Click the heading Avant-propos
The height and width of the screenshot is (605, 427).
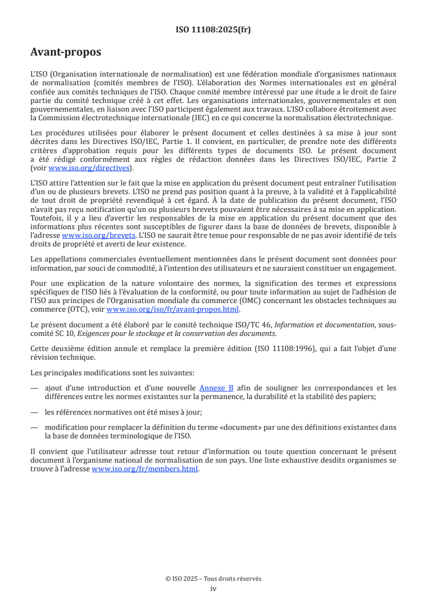(x=66, y=53)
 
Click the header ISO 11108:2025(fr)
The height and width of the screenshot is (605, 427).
(x=213, y=30)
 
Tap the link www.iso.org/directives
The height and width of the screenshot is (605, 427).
(x=89, y=168)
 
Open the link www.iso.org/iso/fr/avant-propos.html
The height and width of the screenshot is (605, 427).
(x=173, y=310)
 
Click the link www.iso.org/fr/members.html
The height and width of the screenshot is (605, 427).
(x=145, y=469)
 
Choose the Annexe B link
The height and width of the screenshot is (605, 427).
(x=216, y=387)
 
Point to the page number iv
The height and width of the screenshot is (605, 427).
(x=213, y=589)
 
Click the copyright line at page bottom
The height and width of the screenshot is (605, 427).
(x=213, y=579)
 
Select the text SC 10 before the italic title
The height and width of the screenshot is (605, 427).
(x=67, y=333)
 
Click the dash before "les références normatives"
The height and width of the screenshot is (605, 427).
(x=34, y=412)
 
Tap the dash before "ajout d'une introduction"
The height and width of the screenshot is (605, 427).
(x=34, y=387)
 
